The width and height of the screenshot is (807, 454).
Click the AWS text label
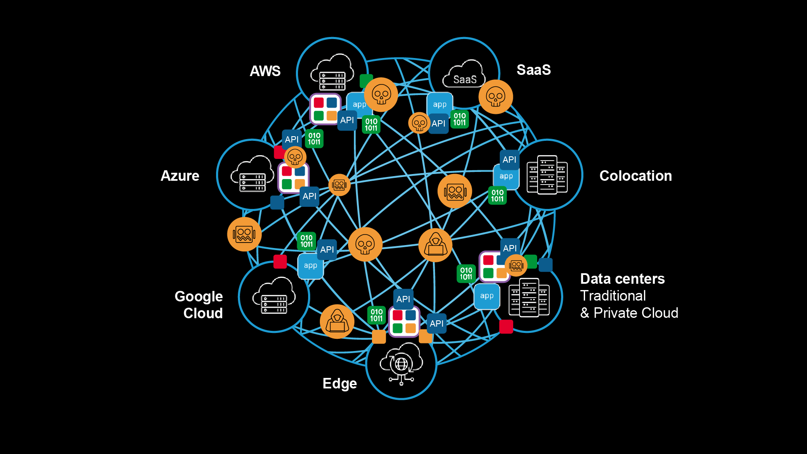click(x=265, y=71)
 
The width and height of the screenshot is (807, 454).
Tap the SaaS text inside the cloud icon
click(x=464, y=79)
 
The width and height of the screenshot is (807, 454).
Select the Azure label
click(x=180, y=176)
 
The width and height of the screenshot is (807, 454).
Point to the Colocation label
click(x=635, y=176)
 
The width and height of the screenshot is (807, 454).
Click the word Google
click(x=198, y=296)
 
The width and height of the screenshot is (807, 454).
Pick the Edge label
click(x=340, y=383)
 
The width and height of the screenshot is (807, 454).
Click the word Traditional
click(x=613, y=296)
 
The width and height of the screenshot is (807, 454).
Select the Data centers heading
click(x=622, y=279)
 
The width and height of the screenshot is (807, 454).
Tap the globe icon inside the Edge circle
click(x=401, y=364)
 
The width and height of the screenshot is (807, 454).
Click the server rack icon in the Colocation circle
click(x=547, y=175)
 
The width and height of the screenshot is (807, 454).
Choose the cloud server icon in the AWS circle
click(x=332, y=72)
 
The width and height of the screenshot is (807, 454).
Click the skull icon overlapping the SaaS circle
click(x=496, y=97)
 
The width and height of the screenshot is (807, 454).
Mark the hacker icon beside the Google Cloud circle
click(x=337, y=322)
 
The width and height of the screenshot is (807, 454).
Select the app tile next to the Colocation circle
click(x=506, y=177)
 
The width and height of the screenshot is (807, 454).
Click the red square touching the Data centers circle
click(x=506, y=327)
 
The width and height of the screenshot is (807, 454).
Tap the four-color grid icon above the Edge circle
click(x=404, y=322)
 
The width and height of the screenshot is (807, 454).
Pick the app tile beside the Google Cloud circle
click(x=311, y=266)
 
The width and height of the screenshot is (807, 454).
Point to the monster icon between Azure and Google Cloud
click(x=244, y=234)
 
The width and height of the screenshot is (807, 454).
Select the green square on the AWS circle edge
click(x=366, y=80)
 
